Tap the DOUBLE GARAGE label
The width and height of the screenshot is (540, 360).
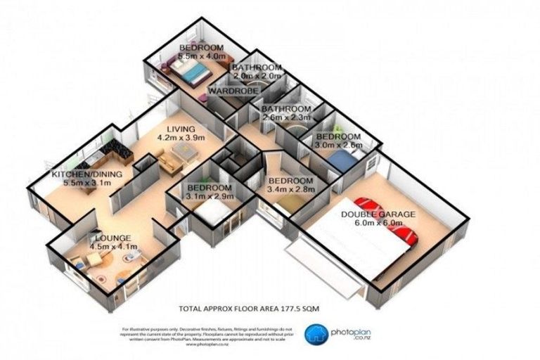378,214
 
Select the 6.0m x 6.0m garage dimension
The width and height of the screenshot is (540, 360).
378,224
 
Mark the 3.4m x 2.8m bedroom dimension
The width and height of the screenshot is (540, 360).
293,188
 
